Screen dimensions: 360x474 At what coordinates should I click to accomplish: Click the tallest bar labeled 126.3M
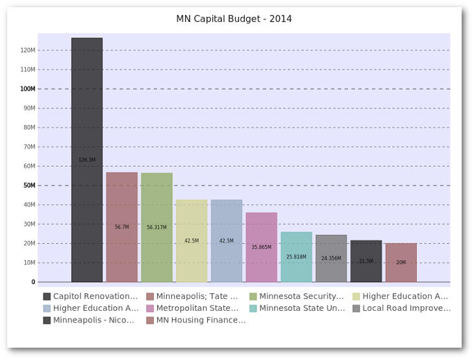coord(87,160)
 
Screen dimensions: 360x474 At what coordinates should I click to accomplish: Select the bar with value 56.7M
coord(122,227)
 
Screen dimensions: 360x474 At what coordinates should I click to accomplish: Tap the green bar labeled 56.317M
coord(156,227)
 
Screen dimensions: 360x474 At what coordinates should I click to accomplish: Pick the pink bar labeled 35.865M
coord(262,247)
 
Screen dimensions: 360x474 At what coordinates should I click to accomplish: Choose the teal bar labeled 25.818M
coord(296,257)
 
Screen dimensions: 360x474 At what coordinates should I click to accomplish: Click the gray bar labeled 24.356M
coord(331,258)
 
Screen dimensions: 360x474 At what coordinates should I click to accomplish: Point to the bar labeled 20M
coord(401,263)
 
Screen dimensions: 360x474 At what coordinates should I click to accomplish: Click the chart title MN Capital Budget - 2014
coord(234,19)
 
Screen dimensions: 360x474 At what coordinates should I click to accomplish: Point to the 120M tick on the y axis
coord(28,50)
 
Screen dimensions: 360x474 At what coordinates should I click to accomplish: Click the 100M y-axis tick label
coord(28,89)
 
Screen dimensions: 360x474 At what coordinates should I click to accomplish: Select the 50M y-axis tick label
coord(29,186)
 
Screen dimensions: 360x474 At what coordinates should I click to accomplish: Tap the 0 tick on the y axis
coord(32,282)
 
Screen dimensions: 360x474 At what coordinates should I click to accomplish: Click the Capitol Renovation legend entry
coord(95,296)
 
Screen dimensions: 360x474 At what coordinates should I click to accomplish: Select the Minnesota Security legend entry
coord(301,296)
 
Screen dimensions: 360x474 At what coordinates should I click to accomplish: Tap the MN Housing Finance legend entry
coord(201,320)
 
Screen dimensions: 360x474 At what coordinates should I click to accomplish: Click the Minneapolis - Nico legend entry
coord(94,320)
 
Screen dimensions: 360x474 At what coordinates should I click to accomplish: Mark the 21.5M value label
coord(366,261)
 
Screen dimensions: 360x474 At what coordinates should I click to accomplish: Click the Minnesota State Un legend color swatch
coord(253,308)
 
